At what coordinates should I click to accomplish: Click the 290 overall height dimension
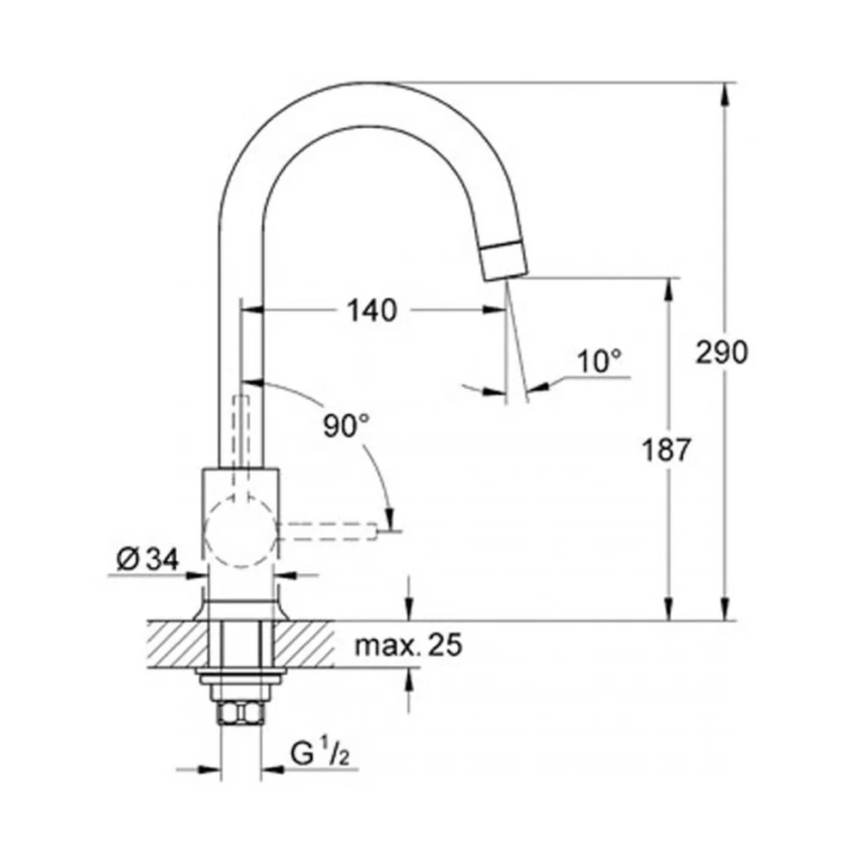click(721, 351)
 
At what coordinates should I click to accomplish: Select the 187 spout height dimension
click(667, 450)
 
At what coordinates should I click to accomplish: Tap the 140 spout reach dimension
click(372, 311)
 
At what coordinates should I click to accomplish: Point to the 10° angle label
click(600, 361)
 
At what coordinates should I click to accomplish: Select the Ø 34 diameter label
click(148, 560)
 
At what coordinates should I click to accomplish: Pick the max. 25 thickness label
click(409, 645)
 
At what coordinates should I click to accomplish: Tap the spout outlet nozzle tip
click(503, 261)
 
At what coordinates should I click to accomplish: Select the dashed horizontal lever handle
click(326, 532)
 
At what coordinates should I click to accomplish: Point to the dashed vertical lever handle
click(241, 444)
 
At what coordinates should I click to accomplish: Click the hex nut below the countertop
click(241, 713)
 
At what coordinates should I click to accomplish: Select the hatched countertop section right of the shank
click(303, 644)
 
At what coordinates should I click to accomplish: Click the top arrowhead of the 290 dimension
click(726, 96)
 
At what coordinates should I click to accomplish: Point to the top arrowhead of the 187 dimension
click(667, 290)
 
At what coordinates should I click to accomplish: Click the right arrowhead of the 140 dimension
click(494, 311)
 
